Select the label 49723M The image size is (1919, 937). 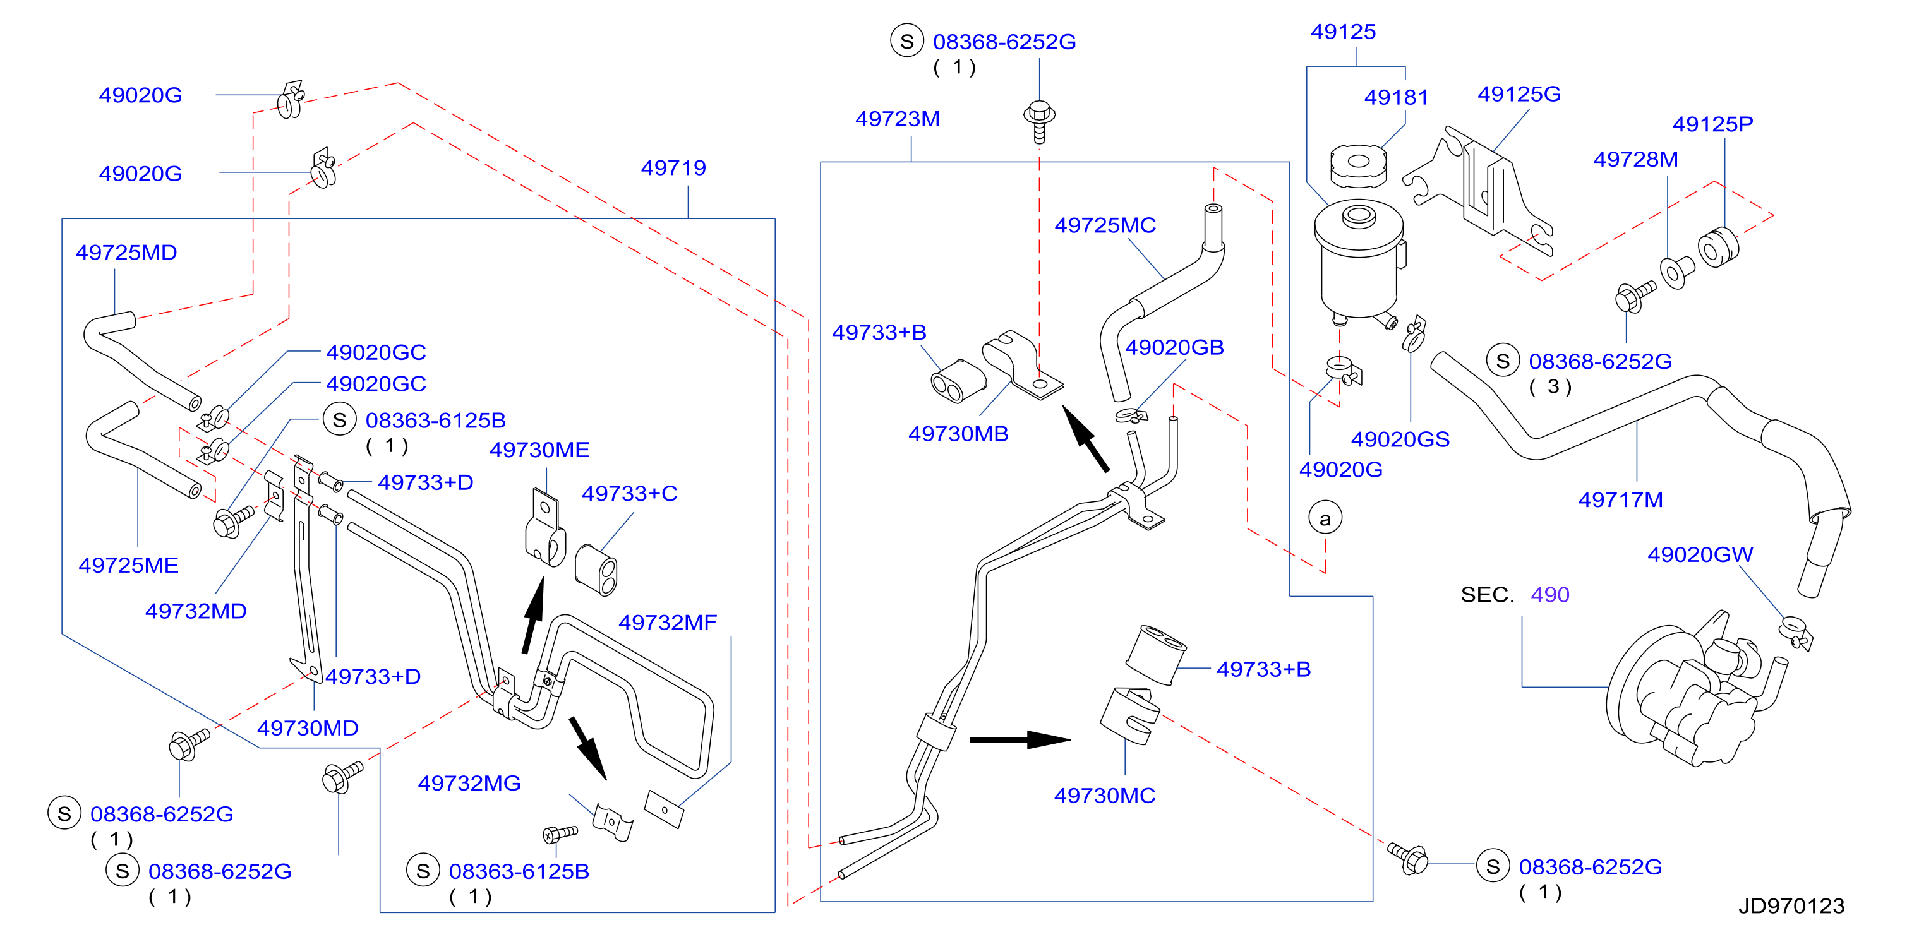click(x=897, y=119)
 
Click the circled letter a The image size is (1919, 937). click(x=1325, y=518)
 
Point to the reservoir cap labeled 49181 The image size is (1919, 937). click(x=1358, y=165)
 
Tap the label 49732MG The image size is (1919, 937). click(x=469, y=783)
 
